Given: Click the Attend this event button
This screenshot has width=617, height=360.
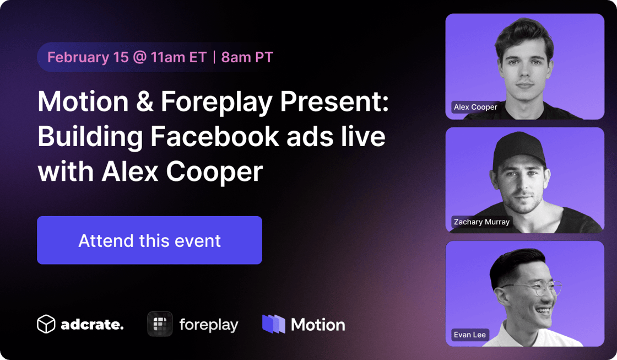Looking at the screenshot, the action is tap(149, 240).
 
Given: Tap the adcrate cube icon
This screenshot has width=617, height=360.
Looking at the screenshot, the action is tap(46, 324).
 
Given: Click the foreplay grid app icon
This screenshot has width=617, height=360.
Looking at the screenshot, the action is tap(160, 324).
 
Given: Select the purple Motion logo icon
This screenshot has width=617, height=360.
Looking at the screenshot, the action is tap(273, 324).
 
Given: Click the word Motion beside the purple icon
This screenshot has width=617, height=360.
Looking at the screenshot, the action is tap(318, 325).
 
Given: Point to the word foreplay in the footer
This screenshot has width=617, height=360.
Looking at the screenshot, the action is tap(209, 325).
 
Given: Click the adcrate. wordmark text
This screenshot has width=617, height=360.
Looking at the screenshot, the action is tap(92, 325).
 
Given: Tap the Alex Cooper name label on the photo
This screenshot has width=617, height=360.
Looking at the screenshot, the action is tap(475, 107).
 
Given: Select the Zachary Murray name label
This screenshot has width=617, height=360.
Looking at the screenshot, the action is tap(481, 222).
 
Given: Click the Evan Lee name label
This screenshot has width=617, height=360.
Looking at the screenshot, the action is tap(470, 335).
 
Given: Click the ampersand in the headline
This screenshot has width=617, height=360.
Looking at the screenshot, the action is tap(144, 101).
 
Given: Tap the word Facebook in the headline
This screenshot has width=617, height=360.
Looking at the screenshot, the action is tap(215, 137).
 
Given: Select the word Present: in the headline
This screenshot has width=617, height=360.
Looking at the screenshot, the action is tap(334, 101).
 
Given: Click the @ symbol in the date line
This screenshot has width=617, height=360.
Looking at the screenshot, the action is tap(140, 57).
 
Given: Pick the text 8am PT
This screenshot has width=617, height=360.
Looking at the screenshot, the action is tap(247, 57).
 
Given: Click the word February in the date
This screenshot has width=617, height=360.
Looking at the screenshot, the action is tap(78, 57).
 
